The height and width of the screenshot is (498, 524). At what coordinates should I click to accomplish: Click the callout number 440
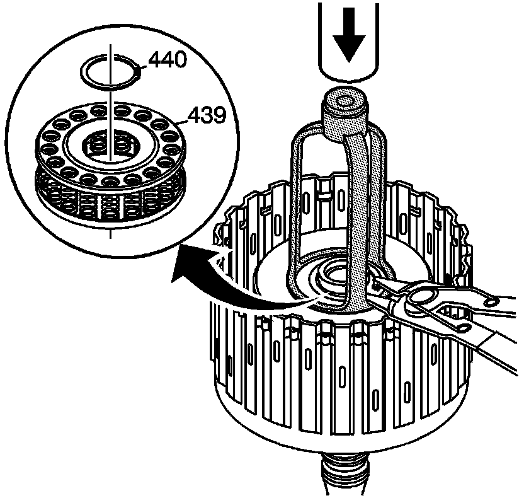(167, 61)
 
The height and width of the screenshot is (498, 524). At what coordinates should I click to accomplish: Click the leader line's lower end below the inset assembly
(111, 235)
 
